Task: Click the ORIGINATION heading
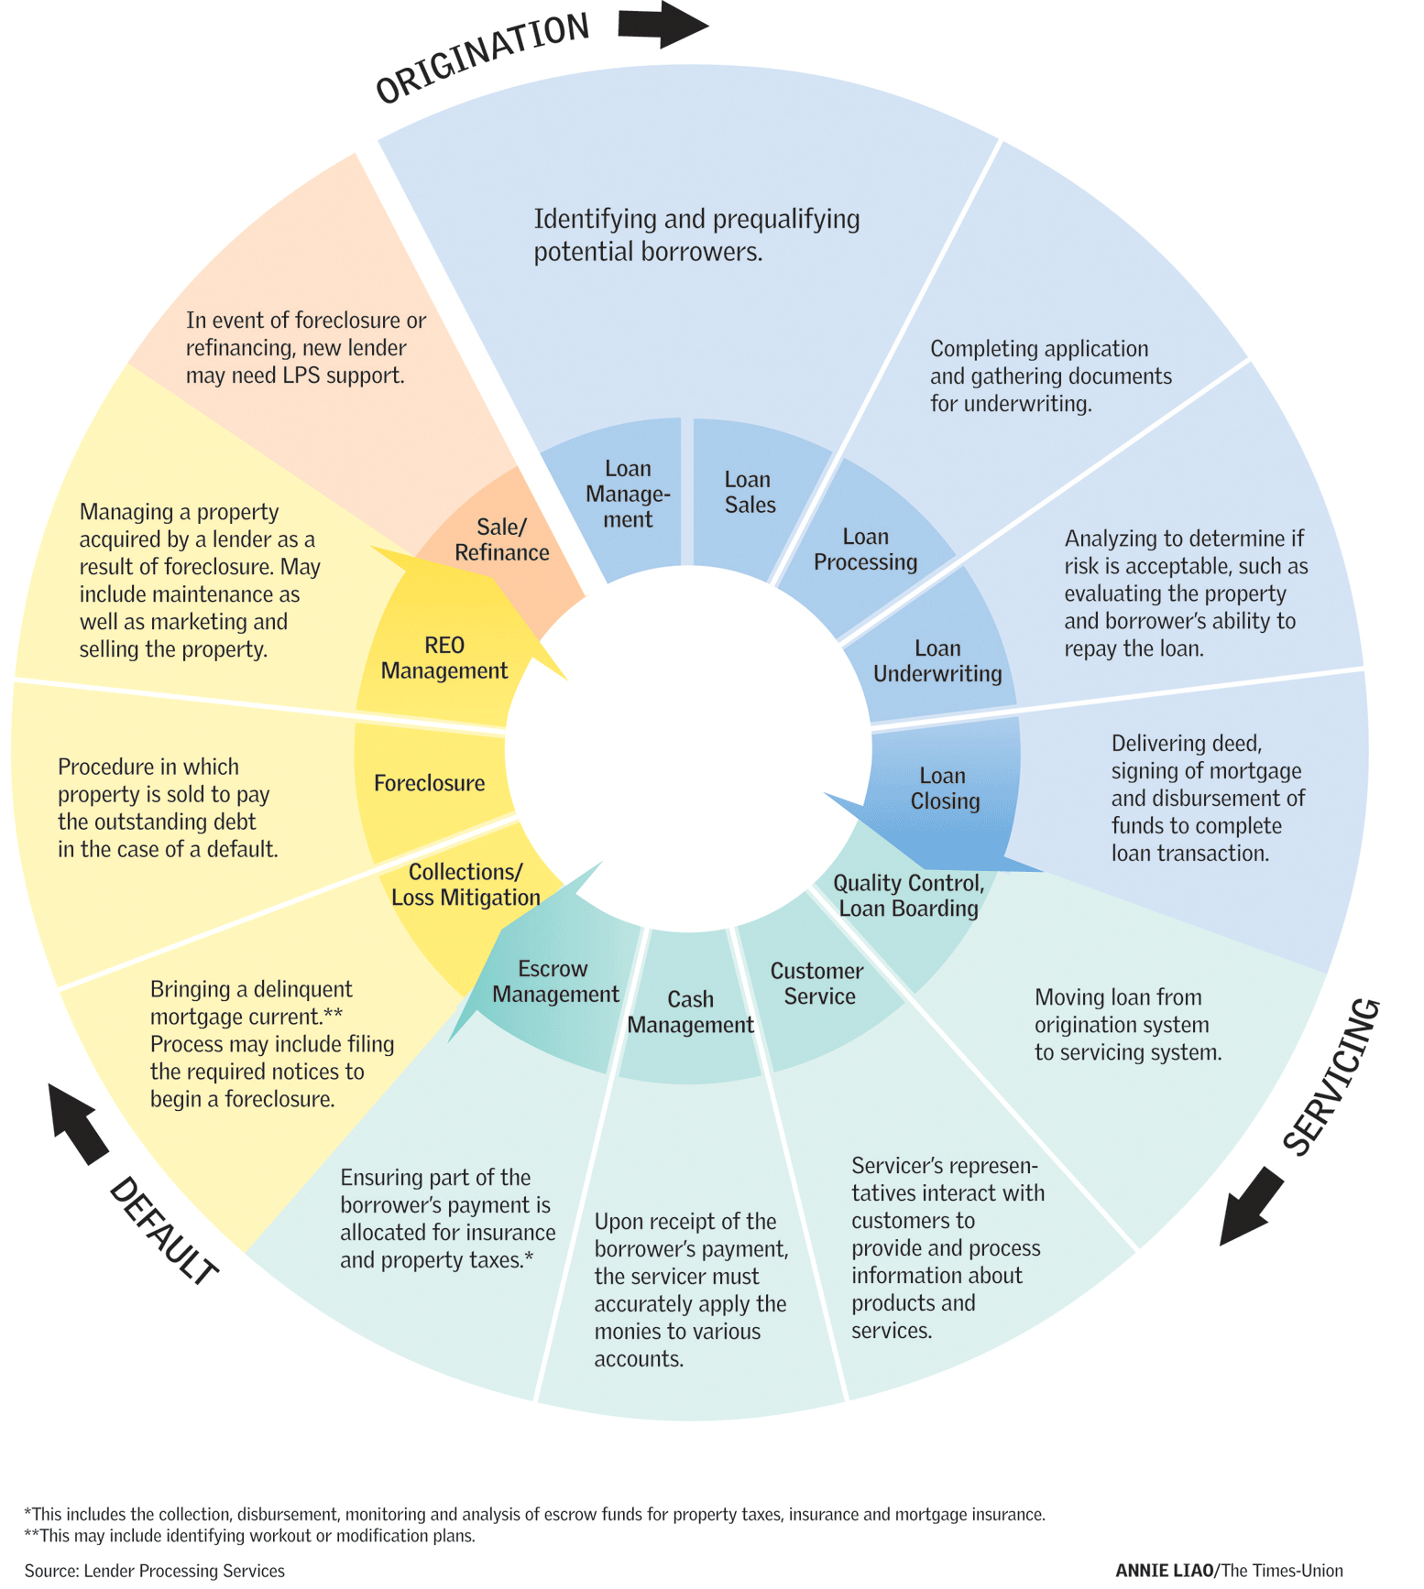(482, 58)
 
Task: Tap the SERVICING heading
(1331, 1077)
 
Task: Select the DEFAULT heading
(163, 1232)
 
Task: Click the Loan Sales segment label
(750, 493)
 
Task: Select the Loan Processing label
(865, 550)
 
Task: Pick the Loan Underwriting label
(937, 661)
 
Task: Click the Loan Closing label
(944, 789)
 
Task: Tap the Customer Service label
(816, 984)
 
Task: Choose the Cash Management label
(690, 1012)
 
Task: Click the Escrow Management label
(555, 982)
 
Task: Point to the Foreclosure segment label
(429, 783)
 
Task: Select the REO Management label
(444, 658)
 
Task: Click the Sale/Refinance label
(502, 539)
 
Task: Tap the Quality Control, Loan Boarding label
(908, 896)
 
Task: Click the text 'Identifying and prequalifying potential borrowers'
(696, 235)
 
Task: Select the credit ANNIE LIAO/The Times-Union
(1229, 1570)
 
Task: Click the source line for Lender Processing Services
(154, 1570)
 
